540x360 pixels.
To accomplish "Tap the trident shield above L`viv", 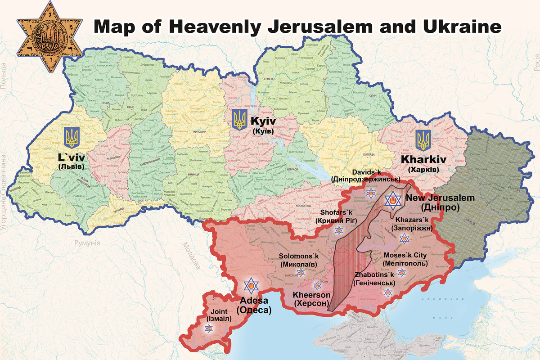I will tap(72, 138).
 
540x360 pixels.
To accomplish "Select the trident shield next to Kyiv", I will tap(239, 119).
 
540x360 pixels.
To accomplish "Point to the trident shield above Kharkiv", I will tap(423, 141).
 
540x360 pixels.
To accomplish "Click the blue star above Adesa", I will tap(251, 286).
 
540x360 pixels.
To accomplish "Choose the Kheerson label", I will tap(312, 299).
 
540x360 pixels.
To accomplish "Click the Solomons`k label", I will tap(299, 260).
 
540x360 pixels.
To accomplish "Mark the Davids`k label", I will tap(365, 175).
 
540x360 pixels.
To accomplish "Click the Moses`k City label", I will tap(405, 260).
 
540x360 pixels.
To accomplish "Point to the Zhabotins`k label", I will tap(374, 279).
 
